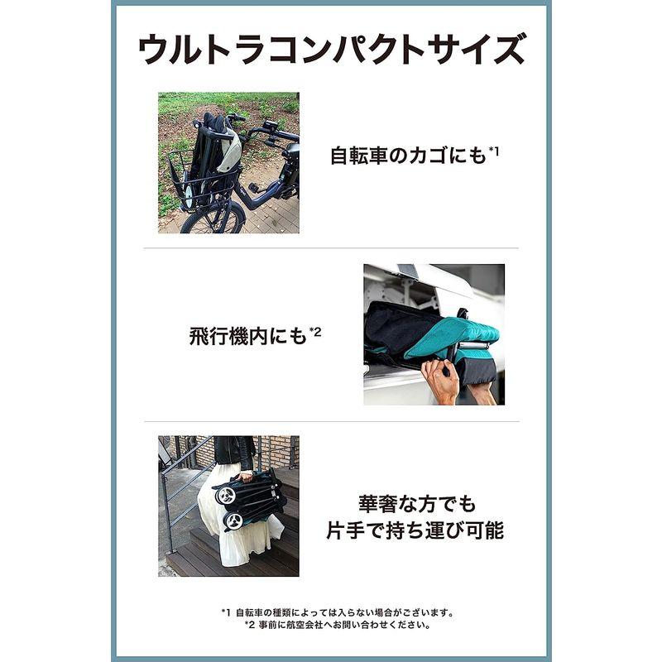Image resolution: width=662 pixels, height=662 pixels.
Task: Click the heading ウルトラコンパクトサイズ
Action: point(331,50)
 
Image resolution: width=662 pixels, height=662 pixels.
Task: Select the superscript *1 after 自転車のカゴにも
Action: point(494,149)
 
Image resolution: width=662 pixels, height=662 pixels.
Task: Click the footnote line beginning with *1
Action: point(338,612)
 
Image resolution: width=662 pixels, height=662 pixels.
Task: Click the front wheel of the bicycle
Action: point(202,220)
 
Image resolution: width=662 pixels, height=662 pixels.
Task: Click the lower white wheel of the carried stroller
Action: point(235,521)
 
